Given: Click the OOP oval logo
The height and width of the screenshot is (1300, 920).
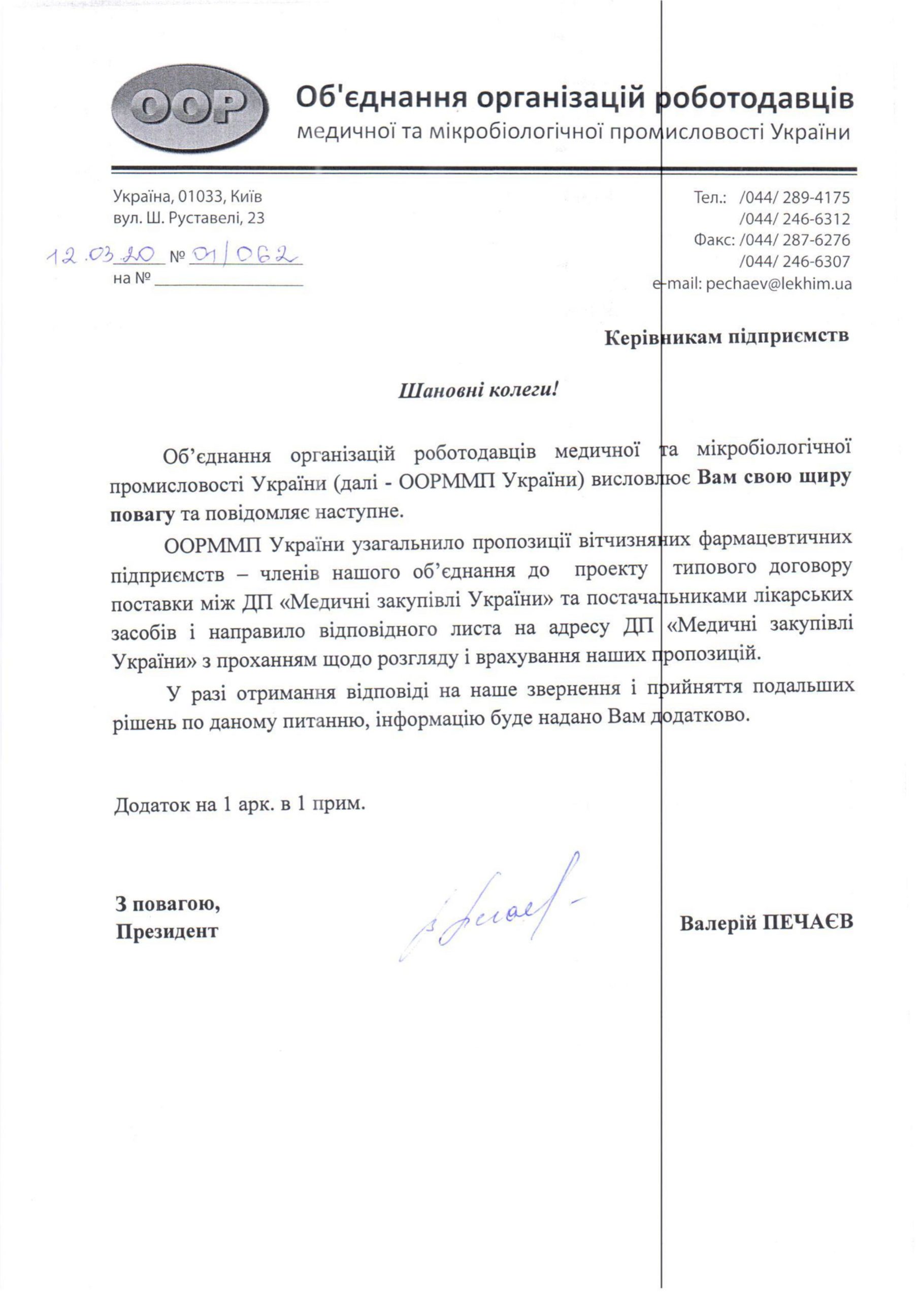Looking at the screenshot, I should [190, 109].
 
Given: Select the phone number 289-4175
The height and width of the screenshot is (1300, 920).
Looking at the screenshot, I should [816, 198].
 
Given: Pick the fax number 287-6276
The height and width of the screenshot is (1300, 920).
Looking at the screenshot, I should [816, 240].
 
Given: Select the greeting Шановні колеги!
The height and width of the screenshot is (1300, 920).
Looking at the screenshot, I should [479, 391].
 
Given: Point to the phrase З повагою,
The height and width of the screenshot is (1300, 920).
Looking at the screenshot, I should [168, 904].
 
